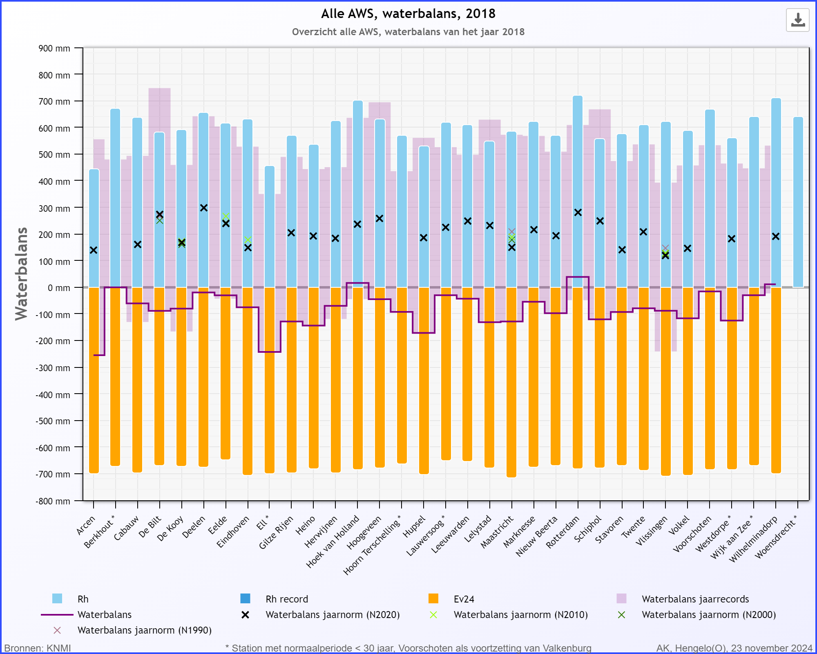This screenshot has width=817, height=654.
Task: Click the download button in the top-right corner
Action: pyautogui.click(x=797, y=20)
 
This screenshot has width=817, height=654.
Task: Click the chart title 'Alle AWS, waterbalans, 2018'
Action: pyautogui.click(x=408, y=13)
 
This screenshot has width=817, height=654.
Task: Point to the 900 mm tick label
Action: pyautogui.click(x=54, y=48)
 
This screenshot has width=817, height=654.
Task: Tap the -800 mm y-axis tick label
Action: pyautogui.click(x=53, y=501)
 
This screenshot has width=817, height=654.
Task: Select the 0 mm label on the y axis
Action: pyautogui.click(x=59, y=288)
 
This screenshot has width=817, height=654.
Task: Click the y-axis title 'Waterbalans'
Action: pyautogui.click(x=21, y=274)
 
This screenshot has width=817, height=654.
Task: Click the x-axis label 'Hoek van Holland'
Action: pyautogui.click(x=333, y=542)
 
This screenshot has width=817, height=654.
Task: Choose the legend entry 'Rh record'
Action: pyautogui.click(x=287, y=599)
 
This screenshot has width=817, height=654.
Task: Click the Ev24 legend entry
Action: pyautogui.click(x=464, y=599)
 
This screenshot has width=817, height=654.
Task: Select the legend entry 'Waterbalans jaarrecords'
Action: pyautogui.click(x=695, y=599)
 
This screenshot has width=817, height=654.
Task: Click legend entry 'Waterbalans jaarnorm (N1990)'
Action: pyautogui.click(x=144, y=630)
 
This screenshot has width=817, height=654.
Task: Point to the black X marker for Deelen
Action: pyautogui.click(x=204, y=208)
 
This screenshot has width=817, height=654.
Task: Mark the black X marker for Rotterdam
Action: pyautogui.click(x=578, y=213)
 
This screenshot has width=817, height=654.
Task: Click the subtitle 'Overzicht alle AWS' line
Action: pyautogui.click(x=408, y=32)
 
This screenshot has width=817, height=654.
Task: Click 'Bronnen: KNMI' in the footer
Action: pyautogui.click(x=38, y=648)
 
